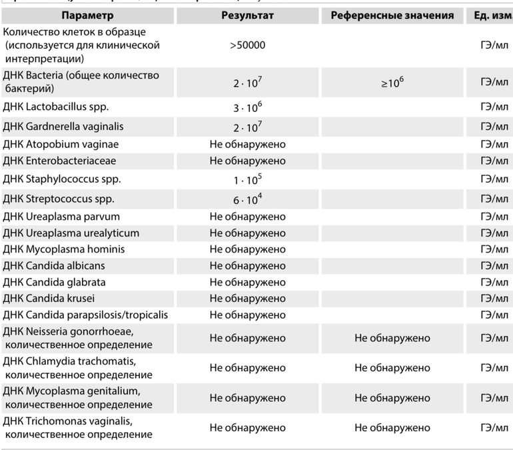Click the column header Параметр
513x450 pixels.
pos(87,15)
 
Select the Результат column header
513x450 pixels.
pos(247,15)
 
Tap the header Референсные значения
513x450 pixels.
pos(392,15)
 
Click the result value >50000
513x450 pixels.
pos(247,45)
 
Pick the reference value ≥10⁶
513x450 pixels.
pos(392,83)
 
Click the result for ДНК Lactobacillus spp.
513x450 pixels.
pos(247,108)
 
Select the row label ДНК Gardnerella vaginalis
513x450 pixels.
pos(63,127)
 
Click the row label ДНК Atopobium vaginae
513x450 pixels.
pos(61,145)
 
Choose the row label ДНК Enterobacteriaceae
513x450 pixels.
pos(60,161)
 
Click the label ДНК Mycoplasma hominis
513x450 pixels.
pos(64,249)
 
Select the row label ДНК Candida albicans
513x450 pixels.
pos(58,266)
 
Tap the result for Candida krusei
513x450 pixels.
pos(247,298)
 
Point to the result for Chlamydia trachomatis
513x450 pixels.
pos(247,368)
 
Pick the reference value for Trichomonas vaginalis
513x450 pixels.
pos(392,428)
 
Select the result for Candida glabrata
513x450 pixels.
pos(247,282)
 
